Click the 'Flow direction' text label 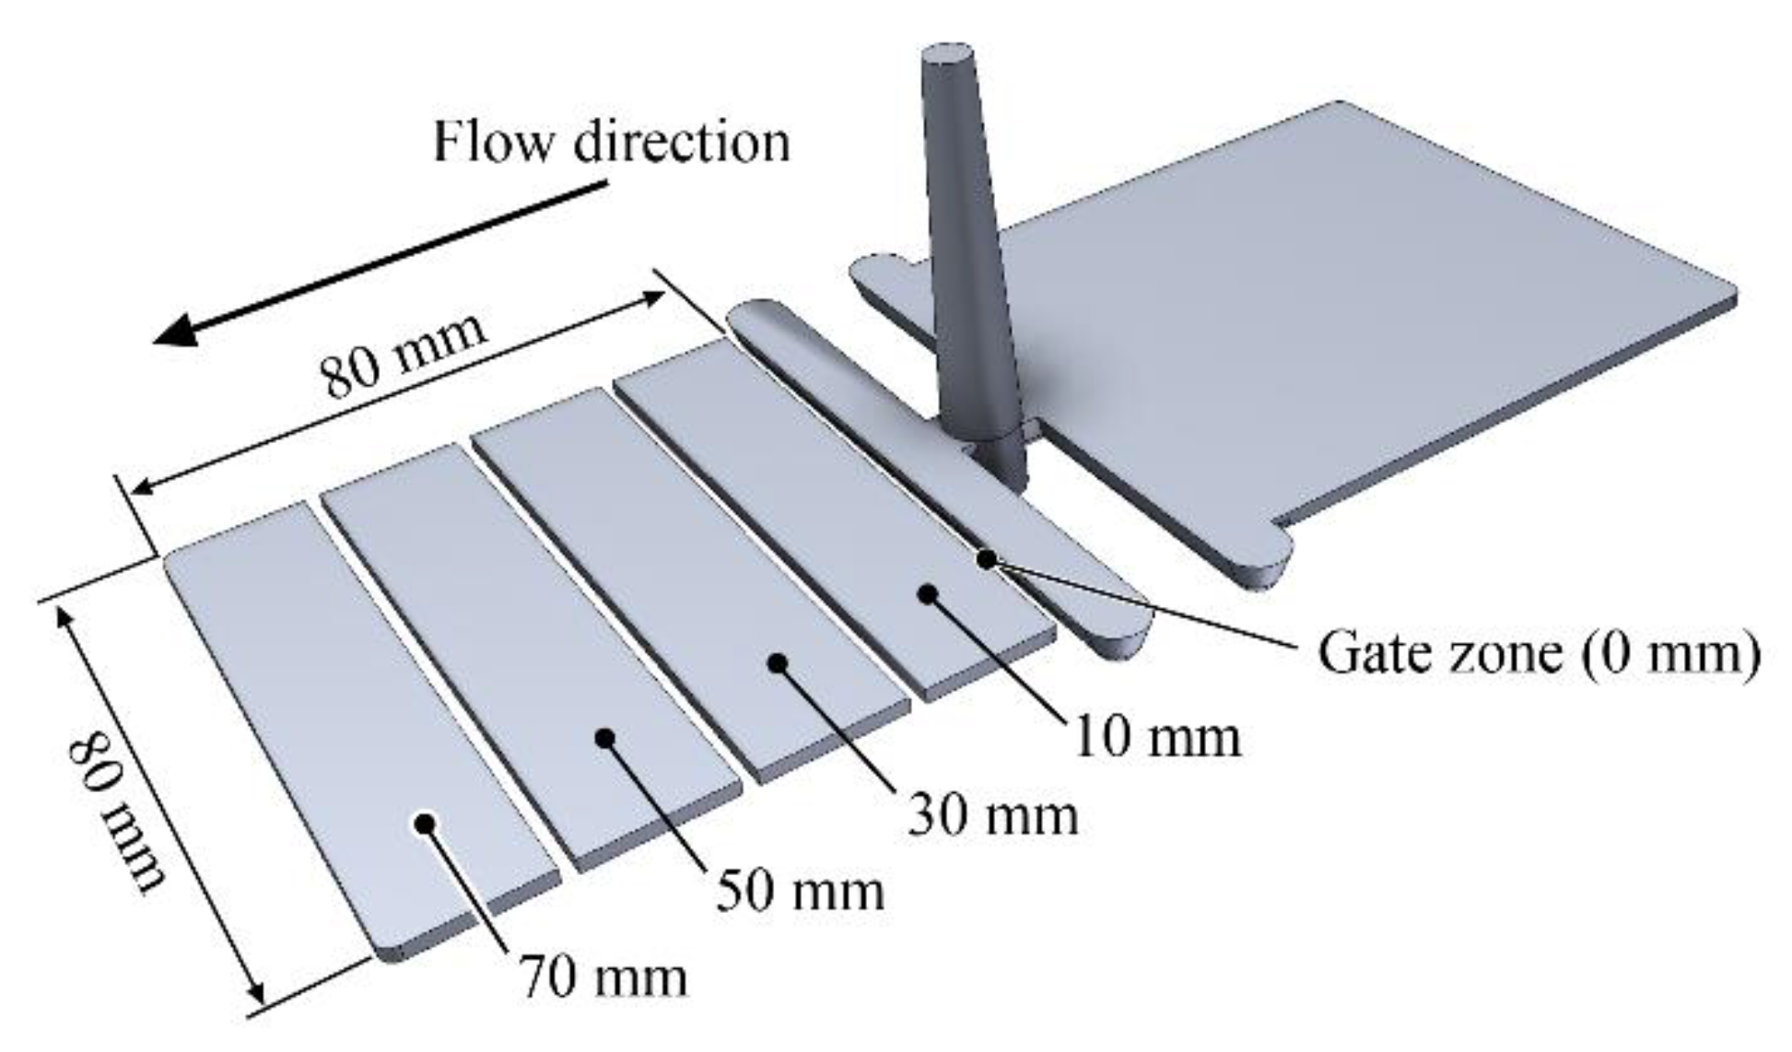click(x=611, y=143)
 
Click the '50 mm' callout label click(x=800, y=891)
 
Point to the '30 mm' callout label click(x=992, y=814)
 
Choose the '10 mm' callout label click(x=1157, y=737)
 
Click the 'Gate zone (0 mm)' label click(x=1538, y=652)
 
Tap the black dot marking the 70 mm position click(x=424, y=823)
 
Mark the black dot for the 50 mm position click(x=604, y=737)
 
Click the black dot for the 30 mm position click(x=779, y=661)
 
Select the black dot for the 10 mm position click(x=928, y=594)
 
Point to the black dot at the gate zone click(x=987, y=558)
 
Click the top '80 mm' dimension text click(x=403, y=355)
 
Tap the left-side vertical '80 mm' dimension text click(x=118, y=811)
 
